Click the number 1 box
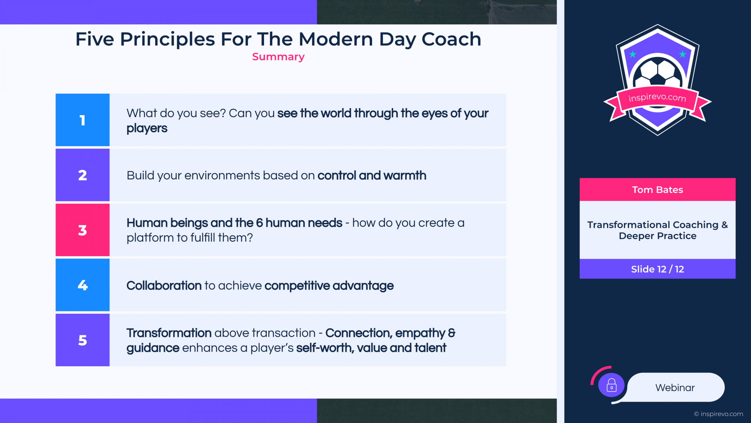point(83,120)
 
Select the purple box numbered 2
point(83,175)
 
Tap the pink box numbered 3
point(83,230)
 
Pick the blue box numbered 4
point(83,285)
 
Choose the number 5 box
point(83,340)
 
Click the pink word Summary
point(278,57)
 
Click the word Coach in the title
point(451,39)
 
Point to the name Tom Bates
point(658,190)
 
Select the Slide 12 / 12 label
point(658,269)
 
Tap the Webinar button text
point(675,388)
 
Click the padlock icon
point(611,385)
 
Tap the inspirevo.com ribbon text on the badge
point(657,97)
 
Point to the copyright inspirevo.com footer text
point(719,414)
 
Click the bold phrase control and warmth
point(372,175)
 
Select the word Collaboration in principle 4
point(164,286)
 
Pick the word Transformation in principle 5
point(169,333)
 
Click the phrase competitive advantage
point(329,286)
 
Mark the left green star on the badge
point(632,54)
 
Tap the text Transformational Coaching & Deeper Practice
point(658,230)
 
